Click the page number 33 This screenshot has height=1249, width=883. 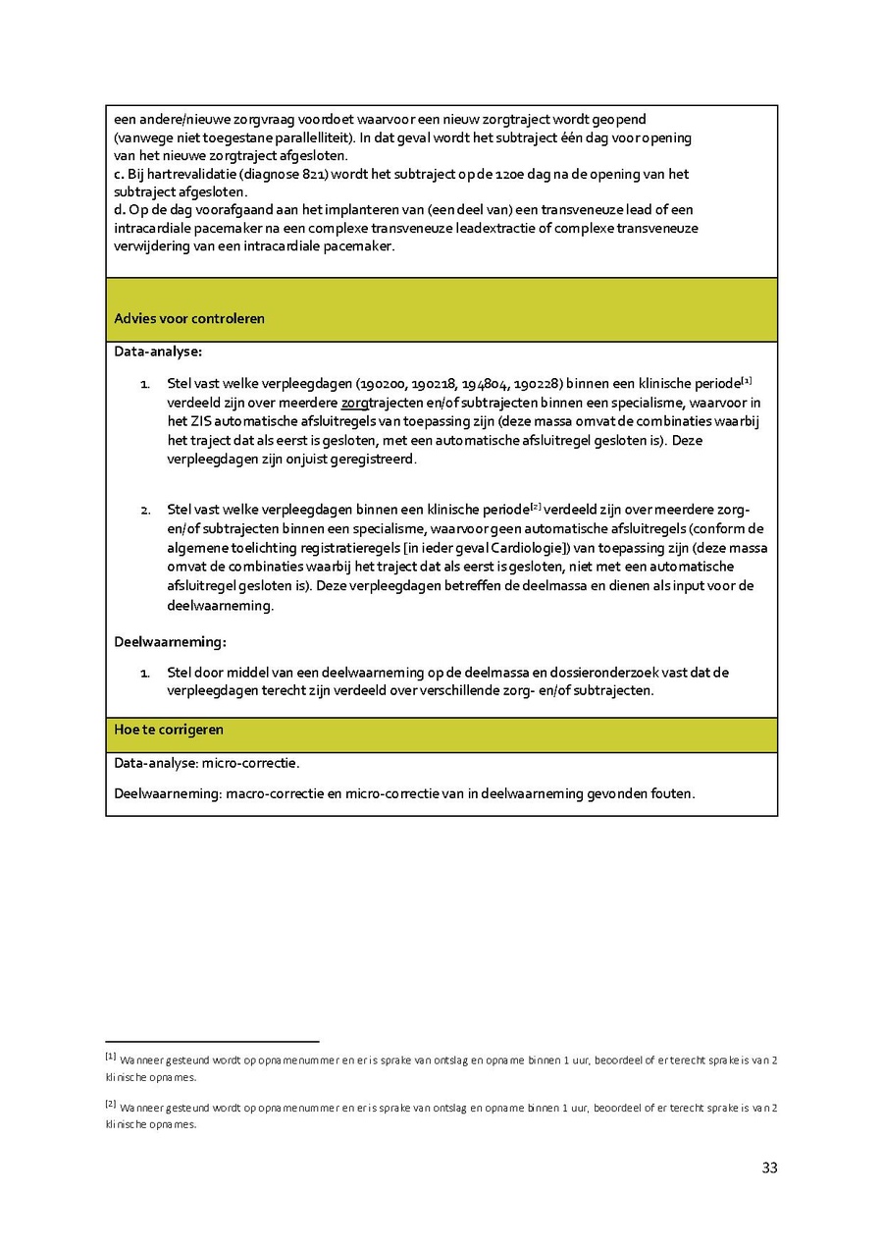click(x=769, y=1168)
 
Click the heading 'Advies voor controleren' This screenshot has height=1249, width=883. click(x=189, y=319)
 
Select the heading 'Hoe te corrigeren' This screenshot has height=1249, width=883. click(x=169, y=730)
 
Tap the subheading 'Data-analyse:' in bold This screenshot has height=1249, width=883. click(x=158, y=351)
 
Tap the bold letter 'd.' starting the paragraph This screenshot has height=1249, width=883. click(x=120, y=209)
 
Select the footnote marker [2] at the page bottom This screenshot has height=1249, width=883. click(x=110, y=1105)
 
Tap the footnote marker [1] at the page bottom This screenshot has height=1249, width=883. click(x=110, y=1057)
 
